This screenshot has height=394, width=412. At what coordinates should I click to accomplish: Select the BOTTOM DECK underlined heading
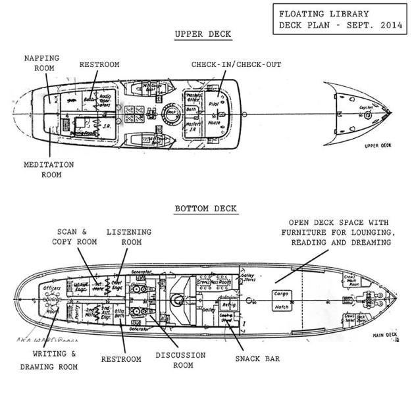[205, 209]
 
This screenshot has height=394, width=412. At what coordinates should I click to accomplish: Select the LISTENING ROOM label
[128, 237]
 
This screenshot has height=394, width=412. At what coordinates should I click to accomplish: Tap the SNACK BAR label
[259, 358]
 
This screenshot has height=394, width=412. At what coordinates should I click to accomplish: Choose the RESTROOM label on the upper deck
[99, 65]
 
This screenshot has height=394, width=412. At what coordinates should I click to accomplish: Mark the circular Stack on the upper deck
[172, 112]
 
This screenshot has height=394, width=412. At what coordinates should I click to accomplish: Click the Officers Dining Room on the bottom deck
[48, 299]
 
